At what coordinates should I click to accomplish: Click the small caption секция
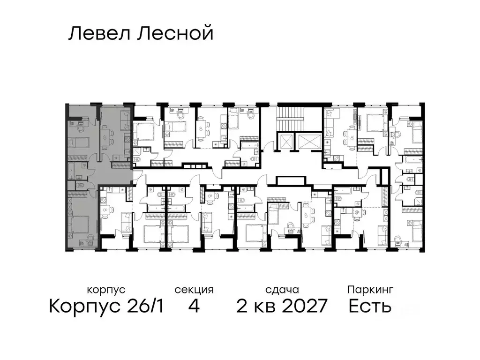(194, 290)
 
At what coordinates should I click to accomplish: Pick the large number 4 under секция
(194, 307)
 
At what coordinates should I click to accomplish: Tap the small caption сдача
(281, 290)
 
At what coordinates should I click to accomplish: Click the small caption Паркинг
(370, 290)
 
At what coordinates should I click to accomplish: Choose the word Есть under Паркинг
(370, 307)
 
